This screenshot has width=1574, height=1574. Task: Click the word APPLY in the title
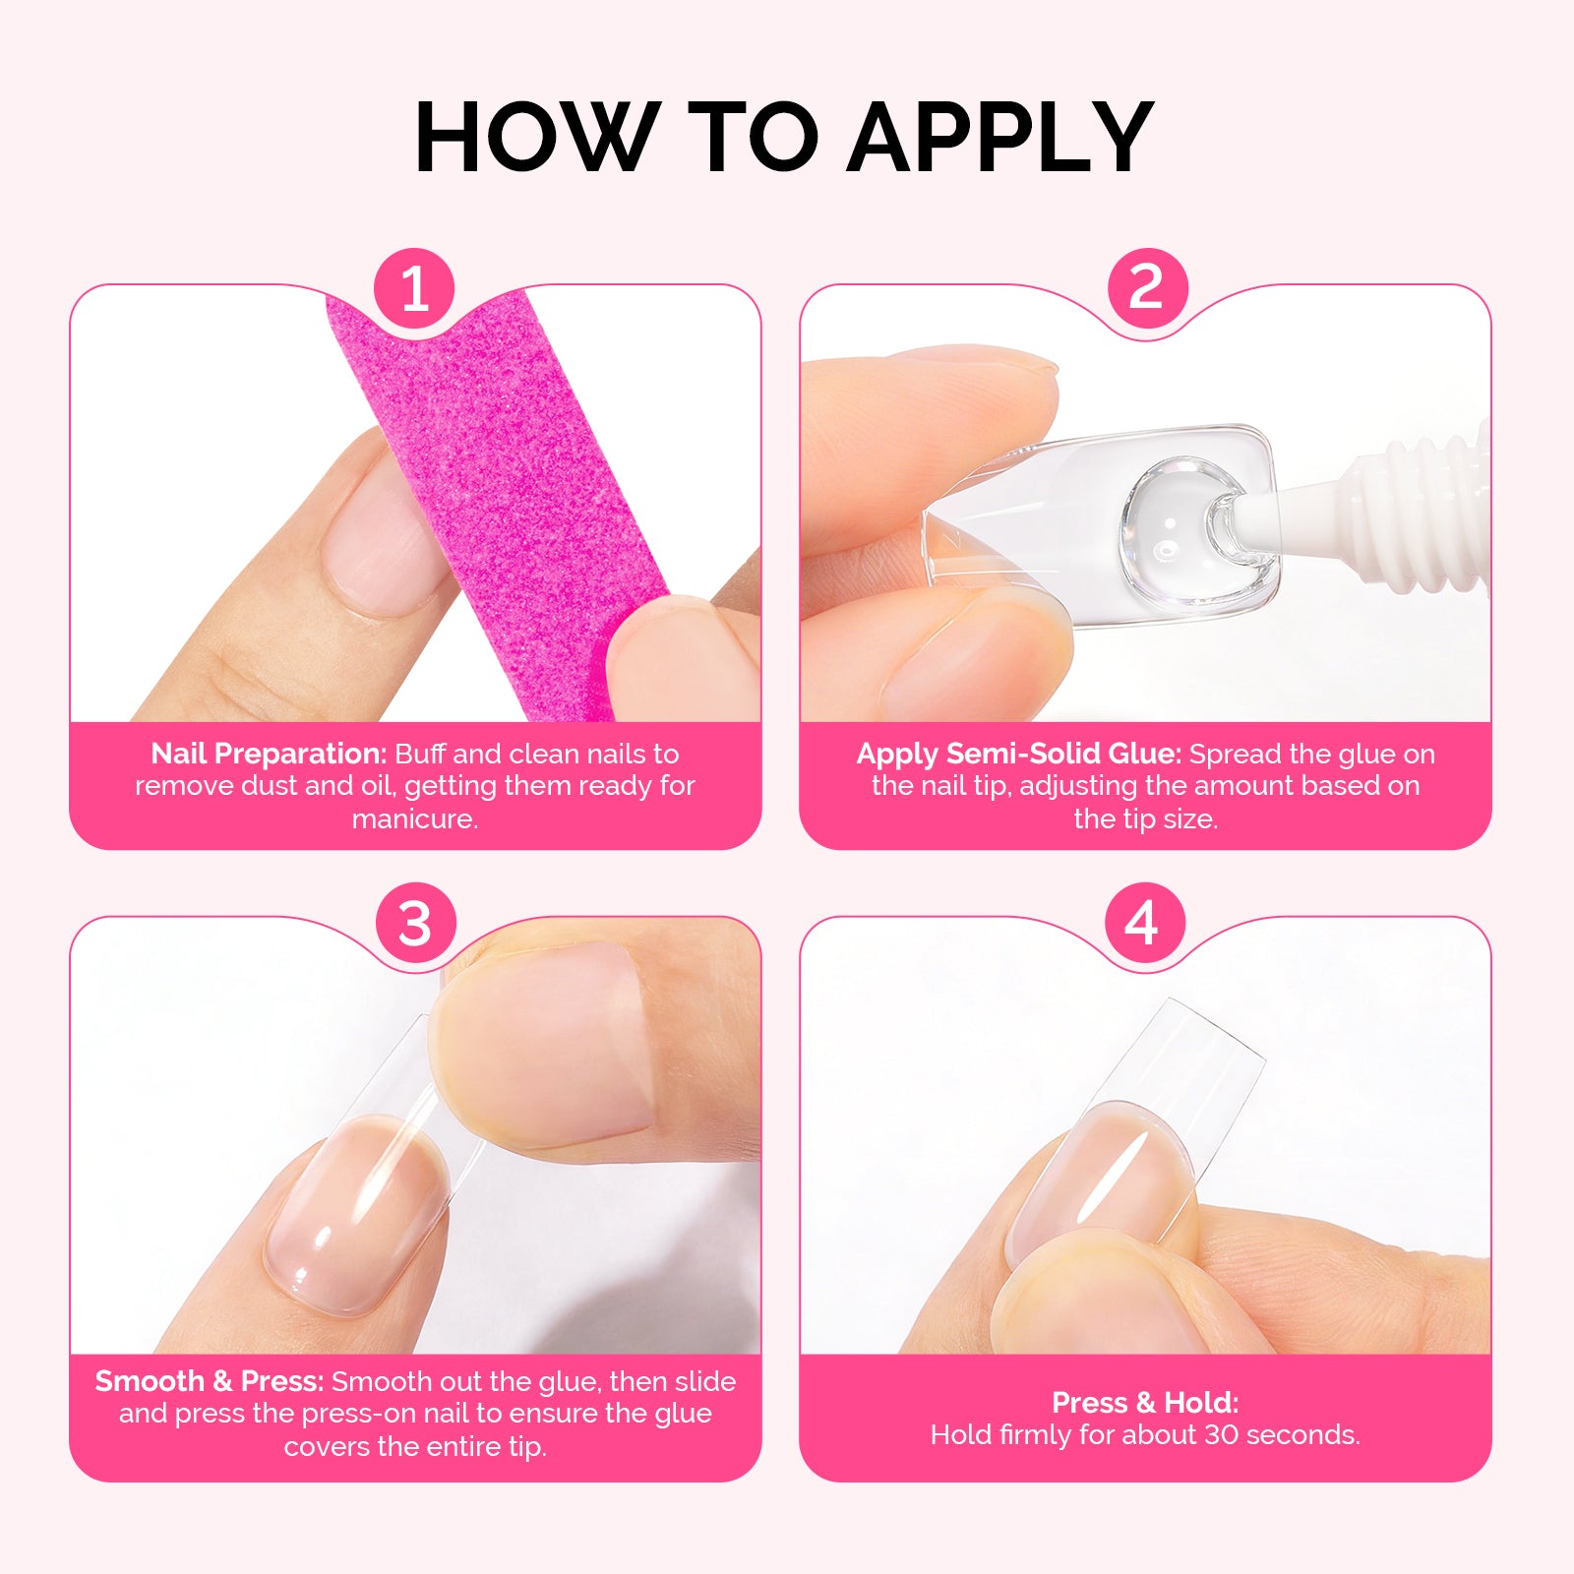point(999,138)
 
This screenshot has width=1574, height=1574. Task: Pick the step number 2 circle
point(1147,288)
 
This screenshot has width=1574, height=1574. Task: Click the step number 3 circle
point(414,924)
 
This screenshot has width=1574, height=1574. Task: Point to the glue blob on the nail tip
point(1176,526)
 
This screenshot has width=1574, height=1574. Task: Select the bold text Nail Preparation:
point(269,754)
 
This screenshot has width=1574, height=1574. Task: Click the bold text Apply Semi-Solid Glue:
point(1018,754)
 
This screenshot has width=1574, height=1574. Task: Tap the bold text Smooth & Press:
point(209,1381)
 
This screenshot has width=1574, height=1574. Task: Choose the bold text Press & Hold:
point(1145,1402)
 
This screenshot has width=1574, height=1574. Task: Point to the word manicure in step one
point(414,818)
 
